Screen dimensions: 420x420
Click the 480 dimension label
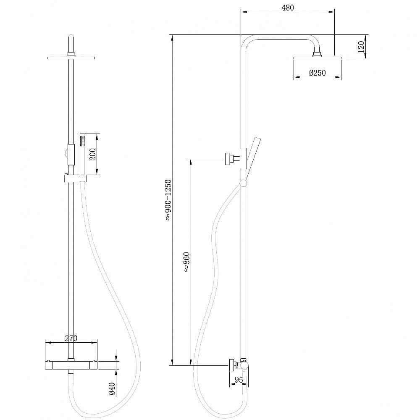pyautogui.click(x=288, y=8)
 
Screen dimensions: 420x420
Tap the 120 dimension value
pyautogui.click(x=360, y=47)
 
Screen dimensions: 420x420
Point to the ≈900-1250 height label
pyautogui.click(x=168, y=199)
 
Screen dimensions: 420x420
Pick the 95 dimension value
pyautogui.click(x=239, y=380)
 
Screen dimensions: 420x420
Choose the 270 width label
pyautogui.click(x=71, y=337)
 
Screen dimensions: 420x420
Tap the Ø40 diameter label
pyautogui.click(x=112, y=388)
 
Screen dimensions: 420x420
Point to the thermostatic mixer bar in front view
pyautogui.click(x=71, y=364)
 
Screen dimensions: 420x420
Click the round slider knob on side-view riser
pyautogui.click(x=243, y=183)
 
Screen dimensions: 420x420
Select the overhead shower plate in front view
pyautogui.click(x=71, y=57)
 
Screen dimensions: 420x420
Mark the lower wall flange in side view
pyautogui.click(x=231, y=365)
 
